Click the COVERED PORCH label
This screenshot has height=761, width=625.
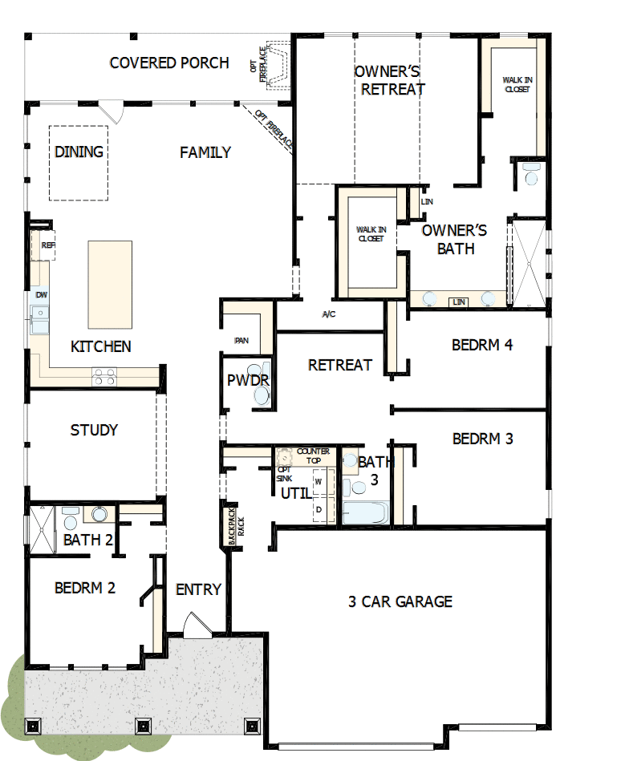point(168,63)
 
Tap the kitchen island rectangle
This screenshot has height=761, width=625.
point(109,284)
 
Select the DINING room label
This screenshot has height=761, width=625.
point(79,152)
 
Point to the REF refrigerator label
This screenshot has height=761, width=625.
point(47,245)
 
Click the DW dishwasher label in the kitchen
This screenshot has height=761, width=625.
point(41,295)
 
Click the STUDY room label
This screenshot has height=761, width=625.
point(94,430)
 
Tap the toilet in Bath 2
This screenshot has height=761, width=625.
point(99,514)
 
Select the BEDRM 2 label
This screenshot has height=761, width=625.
point(85,588)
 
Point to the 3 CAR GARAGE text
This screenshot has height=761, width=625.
point(400,601)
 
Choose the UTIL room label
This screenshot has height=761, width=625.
point(295,493)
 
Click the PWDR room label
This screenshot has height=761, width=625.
point(247,379)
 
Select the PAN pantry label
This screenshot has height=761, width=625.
point(241,341)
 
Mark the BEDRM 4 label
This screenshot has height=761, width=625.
point(481,345)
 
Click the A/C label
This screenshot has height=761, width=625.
point(328,314)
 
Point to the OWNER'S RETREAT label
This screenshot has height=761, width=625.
point(390,80)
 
